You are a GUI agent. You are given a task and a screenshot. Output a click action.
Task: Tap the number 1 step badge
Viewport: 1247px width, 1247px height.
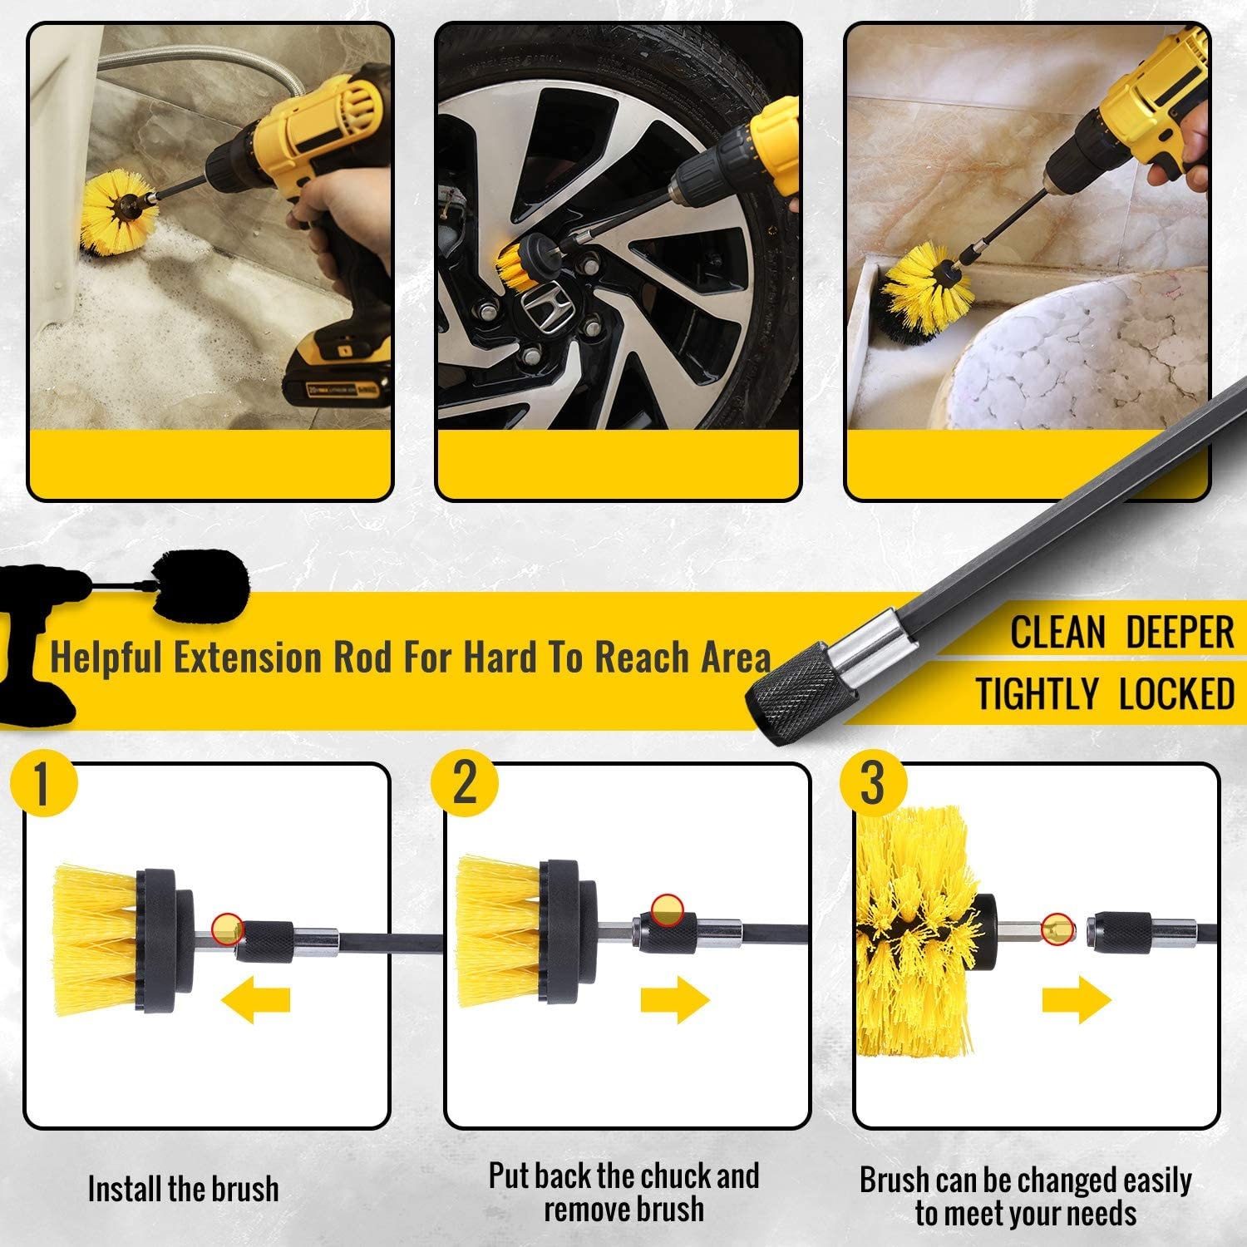click(x=43, y=783)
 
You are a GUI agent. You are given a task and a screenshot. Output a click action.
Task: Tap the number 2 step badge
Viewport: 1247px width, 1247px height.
click(x=465, y=782)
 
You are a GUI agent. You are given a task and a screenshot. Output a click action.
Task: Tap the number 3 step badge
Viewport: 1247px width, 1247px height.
click(x=872, y=783)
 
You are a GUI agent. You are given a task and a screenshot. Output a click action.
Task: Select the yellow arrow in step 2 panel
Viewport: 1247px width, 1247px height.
click(x=674, y=1000)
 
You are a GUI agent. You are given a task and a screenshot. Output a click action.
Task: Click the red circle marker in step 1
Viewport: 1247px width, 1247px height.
click(x=227, y=927)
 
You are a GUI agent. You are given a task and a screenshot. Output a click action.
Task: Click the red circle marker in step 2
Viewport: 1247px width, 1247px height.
click(x=666, y=909)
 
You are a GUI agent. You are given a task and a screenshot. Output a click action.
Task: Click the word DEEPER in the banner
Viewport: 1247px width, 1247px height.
click(x=1180, y=633)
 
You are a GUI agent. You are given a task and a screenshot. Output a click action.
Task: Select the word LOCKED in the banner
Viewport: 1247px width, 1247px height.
click(x=1176, y=694)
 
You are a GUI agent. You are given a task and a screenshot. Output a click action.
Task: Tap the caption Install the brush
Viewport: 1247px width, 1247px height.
click(x=183, y=1189)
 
